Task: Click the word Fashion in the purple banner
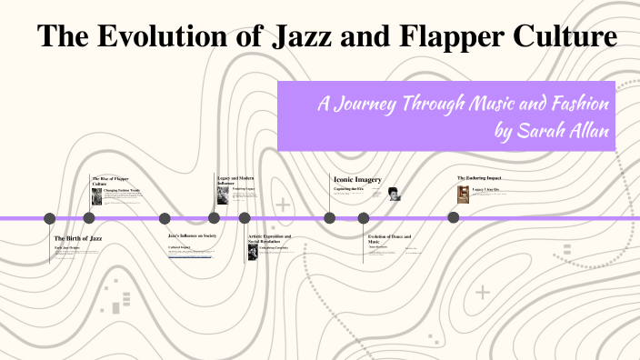tap(577, 104)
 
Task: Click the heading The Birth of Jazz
tap(78, 237)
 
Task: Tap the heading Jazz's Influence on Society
tap(192, 235)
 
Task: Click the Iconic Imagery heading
tap(357, 180)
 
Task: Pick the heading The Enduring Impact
tap(479, 177)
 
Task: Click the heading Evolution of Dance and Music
tap(389, 238)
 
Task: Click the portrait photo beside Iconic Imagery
tap(394, 194)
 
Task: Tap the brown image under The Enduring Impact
tap(464, 194)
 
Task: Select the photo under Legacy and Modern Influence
tap(223, 195)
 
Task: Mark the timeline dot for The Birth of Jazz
tap(50, 218)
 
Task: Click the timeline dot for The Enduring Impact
tap(453, 218)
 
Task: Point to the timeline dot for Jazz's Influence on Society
tap(165, 218)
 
